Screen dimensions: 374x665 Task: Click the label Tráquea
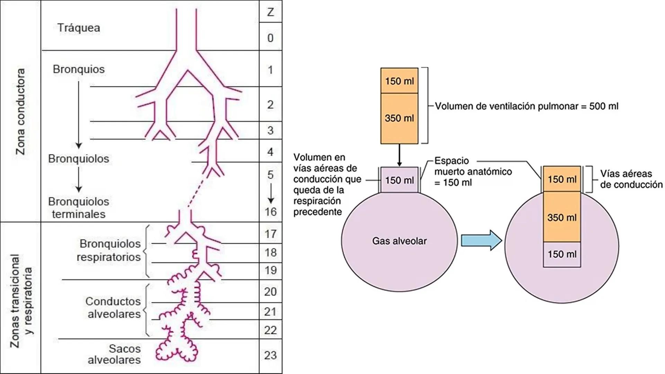79,28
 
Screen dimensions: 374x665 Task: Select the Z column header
271,12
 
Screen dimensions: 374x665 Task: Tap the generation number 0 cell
271,38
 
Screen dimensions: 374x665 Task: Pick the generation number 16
271,212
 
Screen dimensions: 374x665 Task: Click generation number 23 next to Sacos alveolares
271,355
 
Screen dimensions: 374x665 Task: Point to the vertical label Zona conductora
21,112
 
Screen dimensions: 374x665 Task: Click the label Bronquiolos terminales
79,208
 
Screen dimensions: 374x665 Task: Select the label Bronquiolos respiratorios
109,250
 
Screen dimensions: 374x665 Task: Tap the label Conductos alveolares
114,308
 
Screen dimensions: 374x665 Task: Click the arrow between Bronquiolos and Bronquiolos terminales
79,180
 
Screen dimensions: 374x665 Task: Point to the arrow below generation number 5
271,193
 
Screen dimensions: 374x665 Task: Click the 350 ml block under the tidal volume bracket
399,118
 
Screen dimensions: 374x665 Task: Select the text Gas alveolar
399,241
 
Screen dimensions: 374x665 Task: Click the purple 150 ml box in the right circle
562,254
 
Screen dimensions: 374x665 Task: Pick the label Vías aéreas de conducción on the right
631,179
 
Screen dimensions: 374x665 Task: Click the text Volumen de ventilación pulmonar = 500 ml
526,106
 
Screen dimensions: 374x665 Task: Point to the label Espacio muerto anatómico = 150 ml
473,171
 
